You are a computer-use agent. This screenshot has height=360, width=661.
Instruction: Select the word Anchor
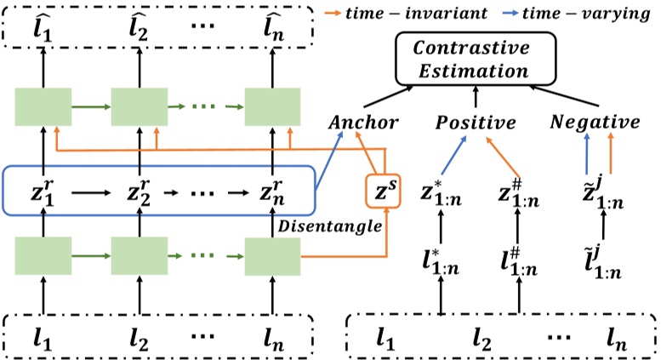click(364, 123)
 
